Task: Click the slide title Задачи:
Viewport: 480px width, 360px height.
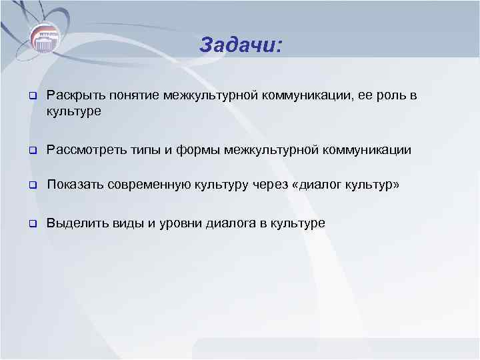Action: [x=241, y=45]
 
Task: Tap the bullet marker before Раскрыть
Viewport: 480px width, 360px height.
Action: [x=31, y=97]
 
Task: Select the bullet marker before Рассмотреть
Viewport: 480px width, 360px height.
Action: [x=31, y=151]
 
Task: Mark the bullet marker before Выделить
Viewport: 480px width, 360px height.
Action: [x=31, y=223]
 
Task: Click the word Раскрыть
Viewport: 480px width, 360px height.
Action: [x=71, y=97]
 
